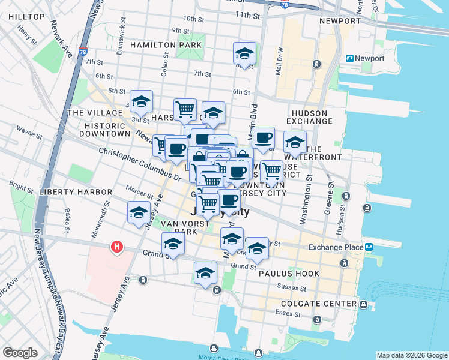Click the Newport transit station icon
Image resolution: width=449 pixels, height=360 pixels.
click(x=349, y=58)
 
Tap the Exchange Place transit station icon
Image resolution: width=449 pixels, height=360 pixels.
click(x=369, y=247)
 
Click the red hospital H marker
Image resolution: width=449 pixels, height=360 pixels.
click(x=117, y=247)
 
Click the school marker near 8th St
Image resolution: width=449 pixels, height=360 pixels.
click(x=244, y=53)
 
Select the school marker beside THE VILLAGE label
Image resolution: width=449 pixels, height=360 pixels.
click(x=141, y=101)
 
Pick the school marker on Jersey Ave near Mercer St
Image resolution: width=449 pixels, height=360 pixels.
click(x=139, y=212)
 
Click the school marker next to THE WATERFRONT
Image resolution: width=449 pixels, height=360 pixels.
click(x=295, y=142)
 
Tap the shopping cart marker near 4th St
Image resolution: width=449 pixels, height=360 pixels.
click(x=185, y=109)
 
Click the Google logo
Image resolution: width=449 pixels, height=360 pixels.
click(x=20, y=353)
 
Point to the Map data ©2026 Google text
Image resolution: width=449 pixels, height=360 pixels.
click(x=412, y=355)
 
